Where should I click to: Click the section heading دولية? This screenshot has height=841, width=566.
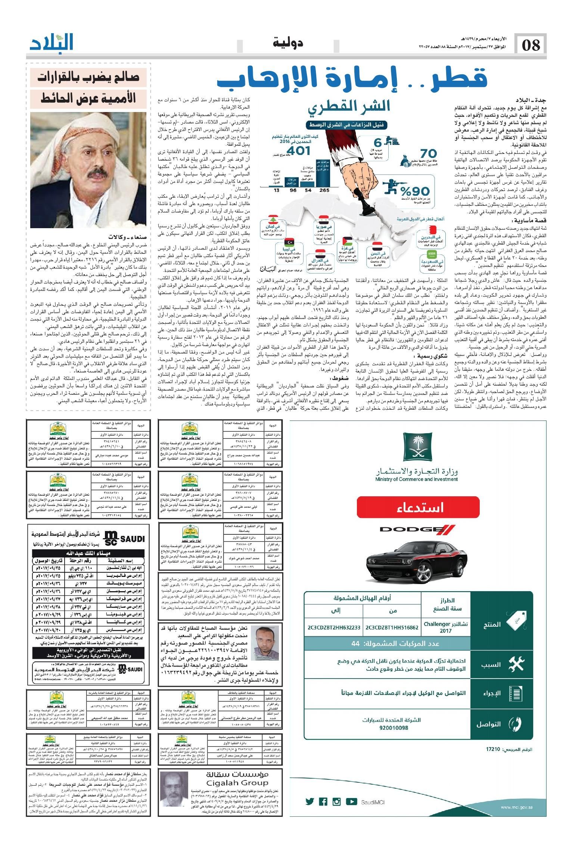pyautogui.click(x=287, y=43)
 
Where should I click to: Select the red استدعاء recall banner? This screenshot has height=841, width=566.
pyautogui.click(x=417, y=508)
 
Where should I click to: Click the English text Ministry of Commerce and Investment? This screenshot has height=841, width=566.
pyautogui.click(x=417, y=479)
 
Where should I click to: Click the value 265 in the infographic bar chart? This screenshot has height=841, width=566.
pyautogui.click(x=324, y=190)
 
